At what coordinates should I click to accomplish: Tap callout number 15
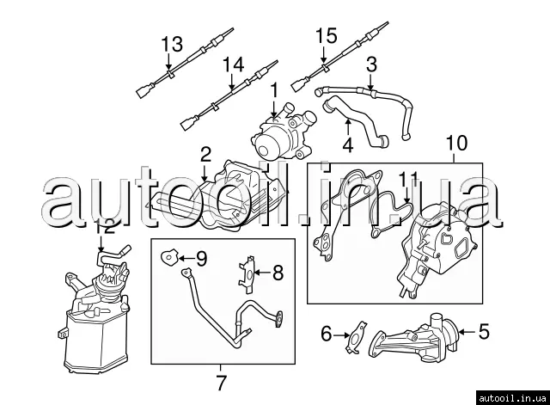point(326,36)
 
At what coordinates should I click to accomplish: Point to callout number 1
point(275,89)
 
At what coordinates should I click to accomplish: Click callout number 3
point(371,63)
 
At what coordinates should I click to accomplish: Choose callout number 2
point(205,155)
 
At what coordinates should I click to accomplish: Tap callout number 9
point(201,256)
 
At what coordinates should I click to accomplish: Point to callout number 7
point(221,378)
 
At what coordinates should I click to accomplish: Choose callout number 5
point(483,329)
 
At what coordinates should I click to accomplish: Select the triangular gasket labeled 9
point(170,255)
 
